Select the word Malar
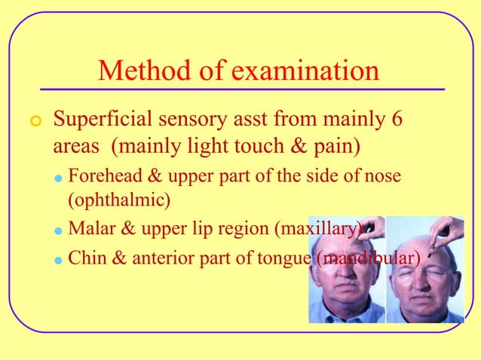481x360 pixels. tap(88, 227)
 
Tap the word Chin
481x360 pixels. tap(84, 258)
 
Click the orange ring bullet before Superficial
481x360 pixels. tap(32, 121)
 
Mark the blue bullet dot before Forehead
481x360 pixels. tap(58, 178)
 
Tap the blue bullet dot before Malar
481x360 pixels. tap(58, 229)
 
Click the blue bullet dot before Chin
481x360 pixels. tap(58, 260)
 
